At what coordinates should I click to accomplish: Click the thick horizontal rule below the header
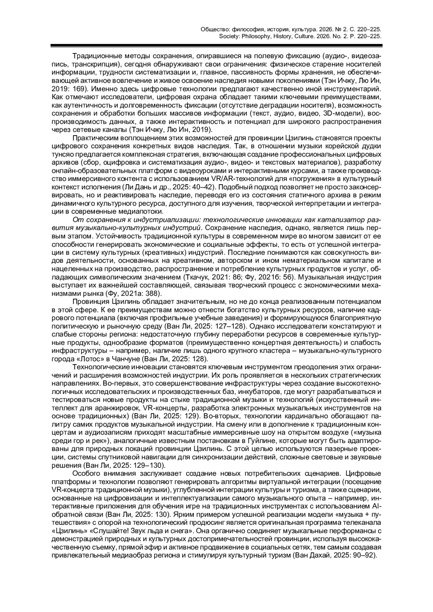[x=216, y=45]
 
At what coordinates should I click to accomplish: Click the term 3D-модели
[x=343, y=114]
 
